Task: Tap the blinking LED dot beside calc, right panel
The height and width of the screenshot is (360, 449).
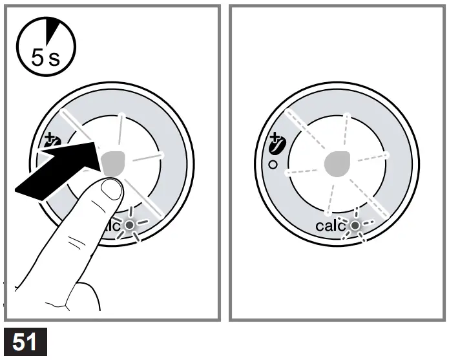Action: [x=354, y=226]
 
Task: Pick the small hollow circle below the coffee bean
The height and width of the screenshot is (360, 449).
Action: [x=274, y=165]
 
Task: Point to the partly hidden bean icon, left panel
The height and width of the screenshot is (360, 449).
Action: [x=50, y=143]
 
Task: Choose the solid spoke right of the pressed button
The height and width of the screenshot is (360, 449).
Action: [x=147, y=156]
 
